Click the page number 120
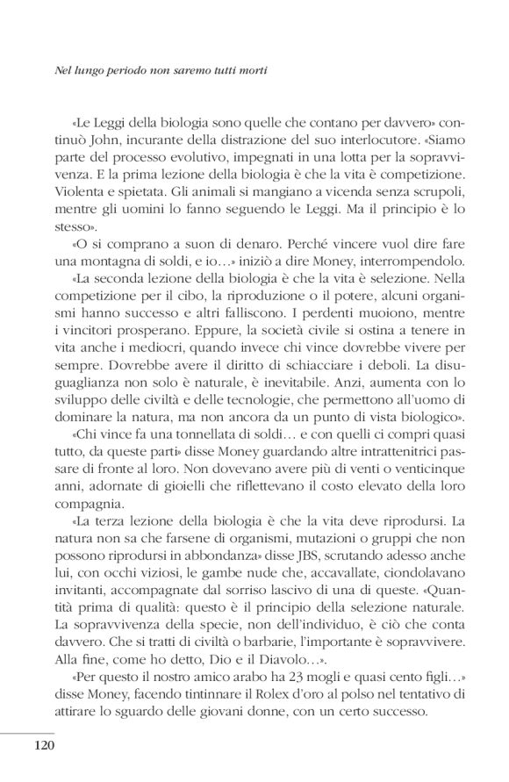pyautogui.click(x=46, y=746)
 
